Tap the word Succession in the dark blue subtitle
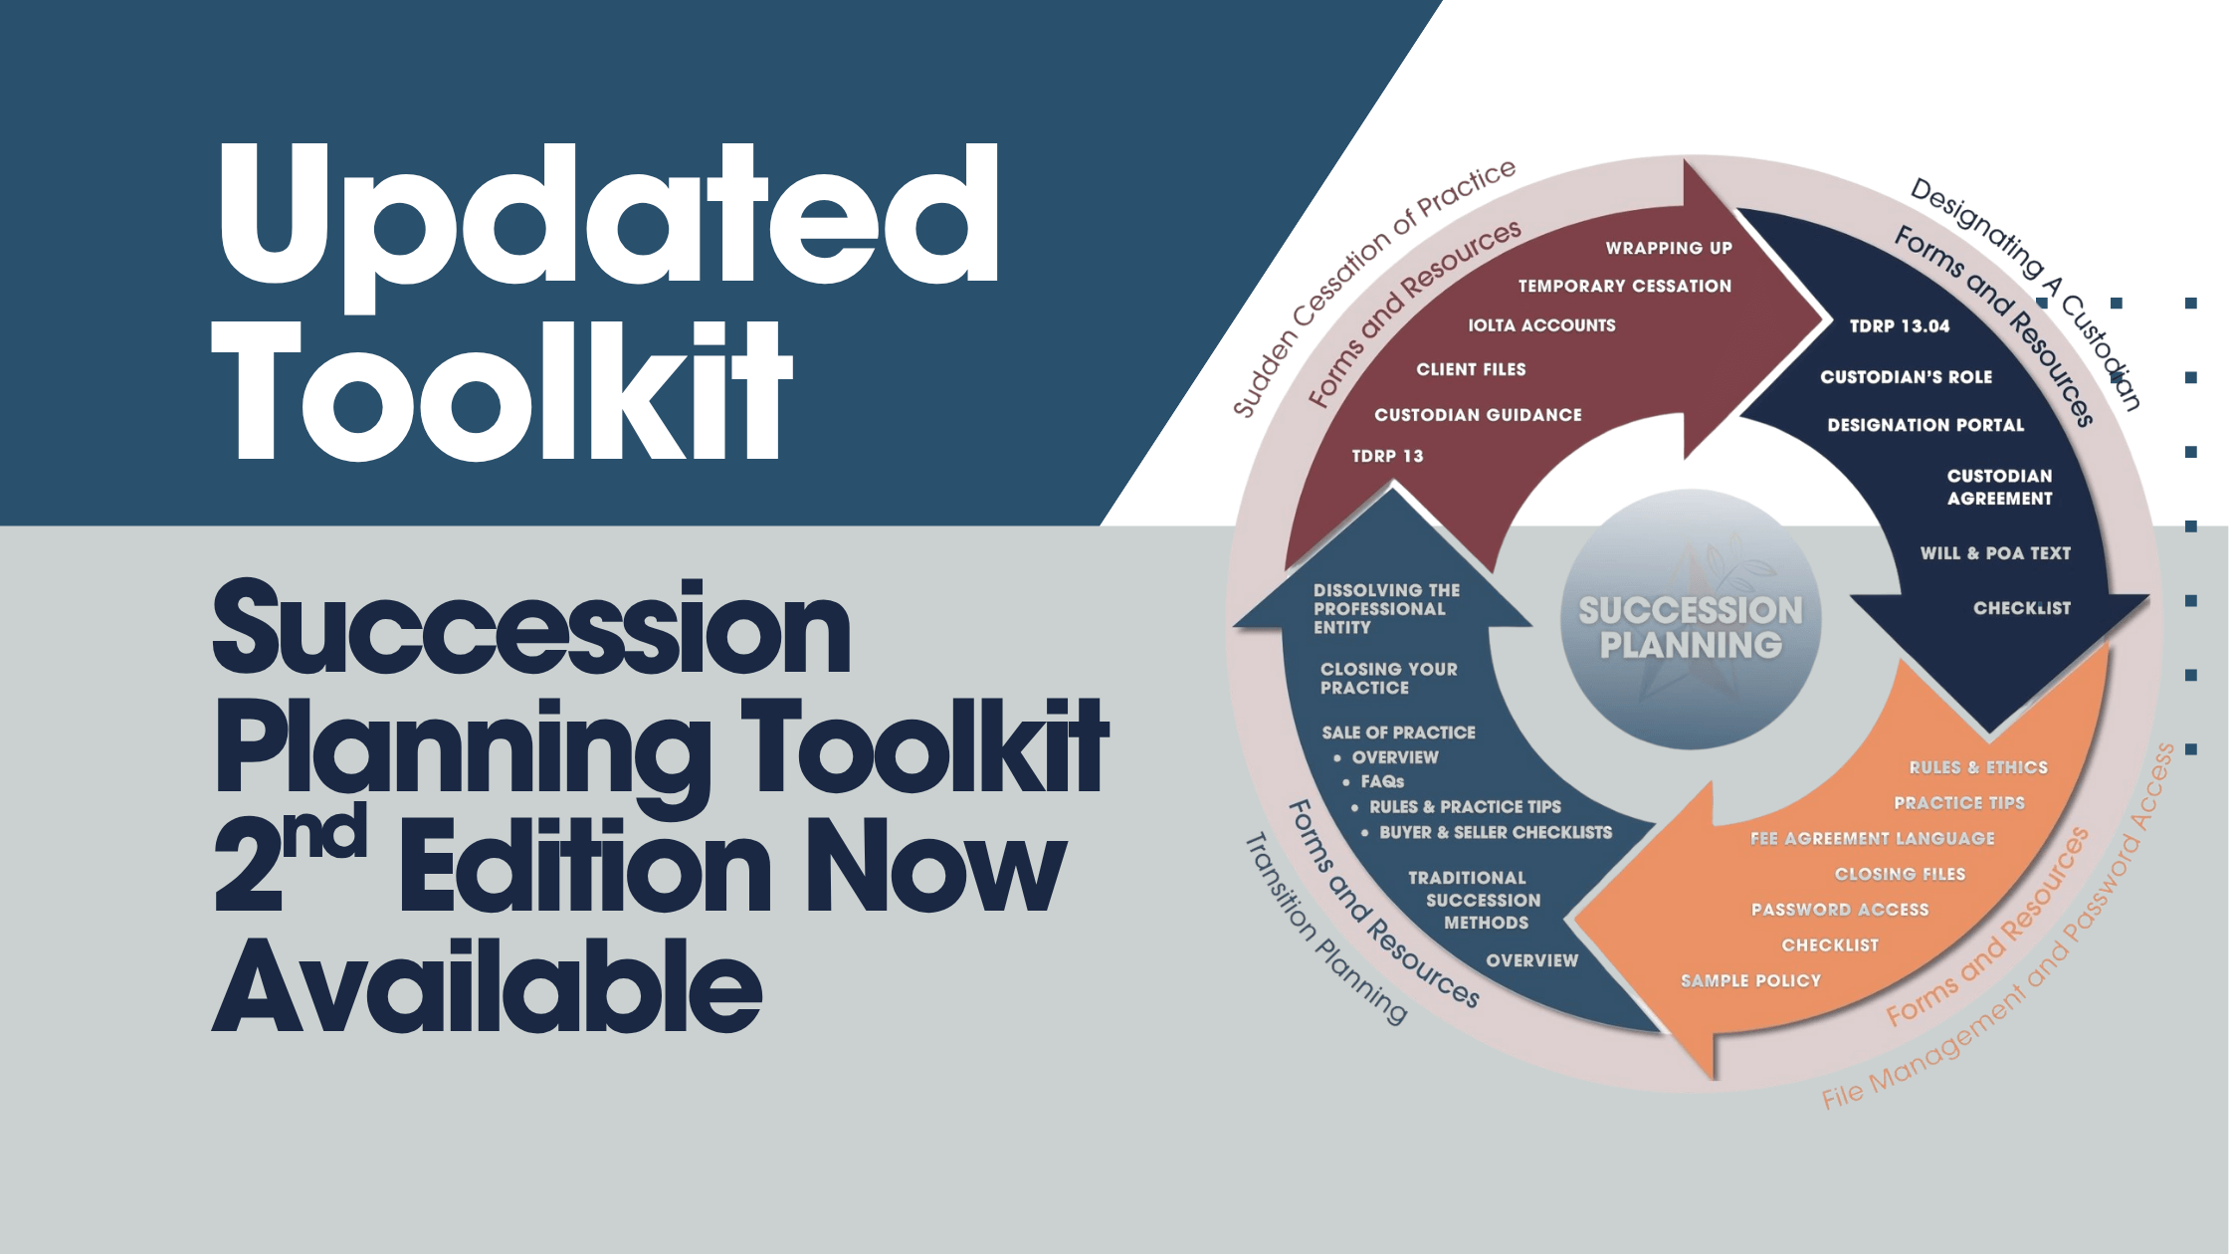click(532, 629)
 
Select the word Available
click(488, 985)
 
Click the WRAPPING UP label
click(1669, 248)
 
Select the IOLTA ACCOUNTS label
click(1541, 325)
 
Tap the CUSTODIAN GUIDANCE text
click(1478, 415)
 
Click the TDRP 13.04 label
click(1899, 326)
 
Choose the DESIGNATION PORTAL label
click(1925, 425)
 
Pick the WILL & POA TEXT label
click(1995, 553)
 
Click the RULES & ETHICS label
click(1978, 767)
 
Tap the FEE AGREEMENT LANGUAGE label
click(1873, 839)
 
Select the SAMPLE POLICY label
click(1750, 981)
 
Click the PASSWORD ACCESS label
click(1840, 910)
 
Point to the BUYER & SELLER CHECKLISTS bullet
click(1495, 832)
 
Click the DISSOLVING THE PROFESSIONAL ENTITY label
click(1386, 609)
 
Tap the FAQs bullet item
click(1382, 782)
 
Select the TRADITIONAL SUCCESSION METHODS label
click(1483, 900)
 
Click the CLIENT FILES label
click(1471, 369)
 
